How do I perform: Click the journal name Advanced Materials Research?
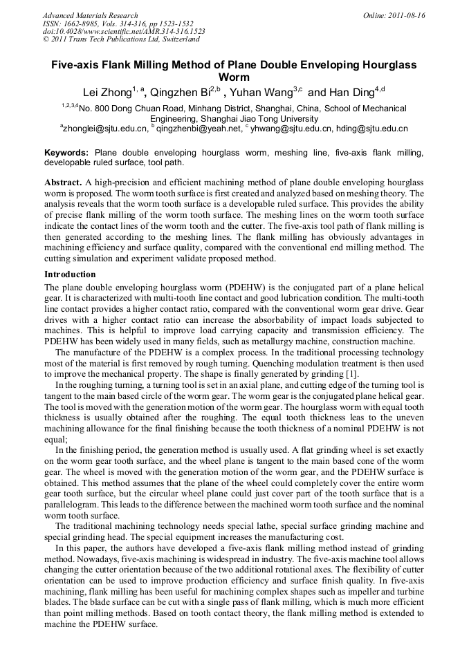click(90, 15)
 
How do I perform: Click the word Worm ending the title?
click(234, 77)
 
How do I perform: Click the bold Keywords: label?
click(67, 152)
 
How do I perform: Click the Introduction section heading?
click(70, 274)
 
